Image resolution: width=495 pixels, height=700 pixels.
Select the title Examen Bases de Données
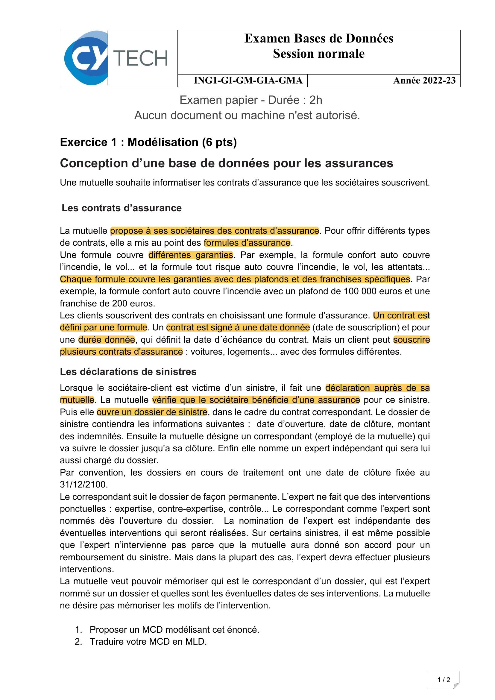pyautogui.click(x=318, y=39)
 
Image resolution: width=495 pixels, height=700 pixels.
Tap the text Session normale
pyautogui.click(x=318, y=54)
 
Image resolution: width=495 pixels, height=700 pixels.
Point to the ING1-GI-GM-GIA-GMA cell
pyautogui.click(x=248, y=81)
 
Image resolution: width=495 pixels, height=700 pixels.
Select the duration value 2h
pyautogui.click(x=315, y=100)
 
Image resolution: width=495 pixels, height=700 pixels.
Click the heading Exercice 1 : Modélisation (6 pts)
pyautogui.click(x=148, y=142)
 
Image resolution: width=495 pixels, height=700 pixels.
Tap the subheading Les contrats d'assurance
pyautogui.click(x=122, y=208)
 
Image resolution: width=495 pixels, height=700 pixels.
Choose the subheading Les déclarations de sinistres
pyautogui.click(x=128, y=372)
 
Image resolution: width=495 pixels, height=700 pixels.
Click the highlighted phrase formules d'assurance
pyautogui.click(x=247, y=243)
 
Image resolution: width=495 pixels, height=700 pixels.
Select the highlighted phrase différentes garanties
pyautogui.click(x=191, y=255)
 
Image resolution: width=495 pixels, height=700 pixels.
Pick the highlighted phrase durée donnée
pyautogui.click(x=106, y=340)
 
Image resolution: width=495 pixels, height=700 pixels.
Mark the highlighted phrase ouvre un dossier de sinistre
pyautogui.click(x=152, y=412)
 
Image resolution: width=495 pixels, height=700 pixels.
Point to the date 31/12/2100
pyautogui.click(x=84, y=485)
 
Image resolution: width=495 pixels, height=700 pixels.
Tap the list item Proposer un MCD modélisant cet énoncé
pyautogui.click(x=174, y=630)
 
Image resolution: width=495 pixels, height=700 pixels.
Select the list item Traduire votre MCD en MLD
pyautogui.click(x=148, y=642)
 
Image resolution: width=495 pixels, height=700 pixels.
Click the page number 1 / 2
pyautogui.click(x=444, y=680)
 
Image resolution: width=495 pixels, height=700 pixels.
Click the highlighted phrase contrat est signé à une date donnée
pyautogui.click(x=238, y=327)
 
